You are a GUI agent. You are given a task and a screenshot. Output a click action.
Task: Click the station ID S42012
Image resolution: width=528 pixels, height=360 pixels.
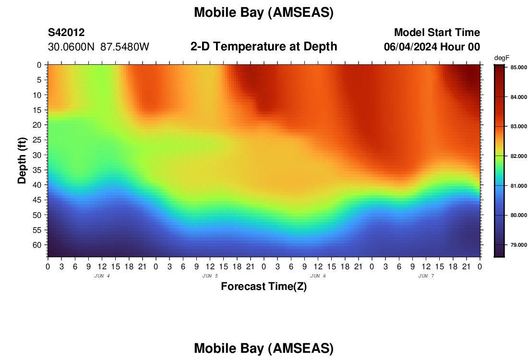[x=66, y=32]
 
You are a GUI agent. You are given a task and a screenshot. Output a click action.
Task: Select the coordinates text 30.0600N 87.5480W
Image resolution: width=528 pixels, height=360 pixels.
[x=98, y=47]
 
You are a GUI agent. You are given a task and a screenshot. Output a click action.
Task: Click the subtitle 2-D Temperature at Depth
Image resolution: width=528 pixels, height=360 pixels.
[x=264, y=47]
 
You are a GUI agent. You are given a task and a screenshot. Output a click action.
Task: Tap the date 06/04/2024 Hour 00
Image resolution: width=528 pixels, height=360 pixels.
[x=432, y=47]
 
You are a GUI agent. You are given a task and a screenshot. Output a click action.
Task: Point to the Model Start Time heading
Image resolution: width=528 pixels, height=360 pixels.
[x=437, y=32]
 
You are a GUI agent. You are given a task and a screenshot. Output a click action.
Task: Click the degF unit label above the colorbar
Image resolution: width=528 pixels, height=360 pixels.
[x=502, y=58]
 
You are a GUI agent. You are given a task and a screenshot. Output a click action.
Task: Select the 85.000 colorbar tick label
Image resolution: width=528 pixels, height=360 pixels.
[x=518, y=67]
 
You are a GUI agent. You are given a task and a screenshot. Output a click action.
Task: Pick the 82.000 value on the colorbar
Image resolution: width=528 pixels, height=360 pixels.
[x=518, y=156]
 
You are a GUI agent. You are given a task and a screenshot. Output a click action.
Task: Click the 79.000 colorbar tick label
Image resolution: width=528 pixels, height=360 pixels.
[x=518, y=245]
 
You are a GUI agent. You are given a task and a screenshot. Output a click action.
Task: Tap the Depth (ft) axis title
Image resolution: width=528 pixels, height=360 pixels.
[x=22, y=160]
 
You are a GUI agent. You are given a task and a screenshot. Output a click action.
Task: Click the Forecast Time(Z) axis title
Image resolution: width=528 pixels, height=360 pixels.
[x=264, y=286]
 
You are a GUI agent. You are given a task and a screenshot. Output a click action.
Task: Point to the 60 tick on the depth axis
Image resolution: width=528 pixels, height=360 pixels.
[x=36, y=245]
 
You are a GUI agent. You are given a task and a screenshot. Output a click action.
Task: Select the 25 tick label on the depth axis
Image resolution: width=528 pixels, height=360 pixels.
[x=36, y=140]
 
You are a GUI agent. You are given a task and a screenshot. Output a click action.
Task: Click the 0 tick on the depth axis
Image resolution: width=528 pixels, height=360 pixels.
[x=39, y=65]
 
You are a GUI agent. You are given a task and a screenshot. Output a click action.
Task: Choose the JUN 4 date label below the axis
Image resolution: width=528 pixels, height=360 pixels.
[x=102, y=276]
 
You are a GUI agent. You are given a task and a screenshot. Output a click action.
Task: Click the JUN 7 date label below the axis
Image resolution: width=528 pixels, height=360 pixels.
[x=426, y=276]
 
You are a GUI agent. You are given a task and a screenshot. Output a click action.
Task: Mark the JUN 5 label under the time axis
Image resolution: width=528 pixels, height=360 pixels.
[x=210, y=276]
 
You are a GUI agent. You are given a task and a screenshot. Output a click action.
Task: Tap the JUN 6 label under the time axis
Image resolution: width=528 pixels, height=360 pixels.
[x=318, y=276]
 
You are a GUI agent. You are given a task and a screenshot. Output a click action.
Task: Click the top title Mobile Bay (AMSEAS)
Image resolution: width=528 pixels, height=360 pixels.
[x=264, y=12]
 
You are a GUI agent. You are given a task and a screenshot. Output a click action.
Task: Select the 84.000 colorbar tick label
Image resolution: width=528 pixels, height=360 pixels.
[x=518, y=97]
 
